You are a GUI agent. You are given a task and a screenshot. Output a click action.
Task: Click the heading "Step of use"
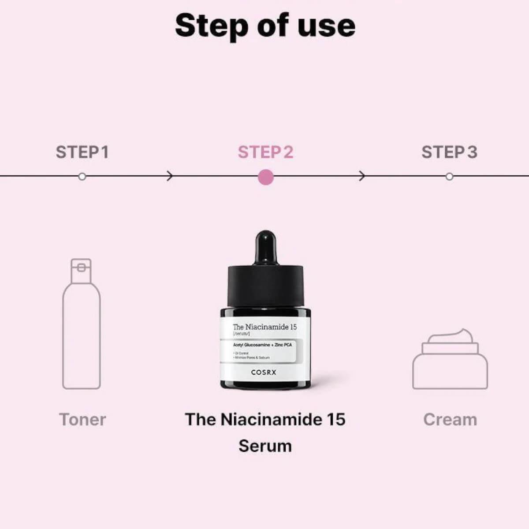point(265,26)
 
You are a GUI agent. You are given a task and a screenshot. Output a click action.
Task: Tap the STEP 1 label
point(82,152)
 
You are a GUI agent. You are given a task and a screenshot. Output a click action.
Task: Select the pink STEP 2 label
point(265,152)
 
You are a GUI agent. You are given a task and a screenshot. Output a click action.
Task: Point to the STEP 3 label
point(449,152)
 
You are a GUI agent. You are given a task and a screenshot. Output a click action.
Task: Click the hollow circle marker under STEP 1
point(82,176)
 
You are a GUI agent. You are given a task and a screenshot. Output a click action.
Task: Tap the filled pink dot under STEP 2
point(265,177)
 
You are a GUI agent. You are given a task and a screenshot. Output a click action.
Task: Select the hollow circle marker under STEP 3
point(449,176)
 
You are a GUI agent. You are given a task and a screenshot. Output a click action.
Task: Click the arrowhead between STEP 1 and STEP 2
point(170,176)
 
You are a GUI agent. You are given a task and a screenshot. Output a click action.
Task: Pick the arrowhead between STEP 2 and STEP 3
point(362,176)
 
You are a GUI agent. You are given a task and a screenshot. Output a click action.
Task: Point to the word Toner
point(82,420)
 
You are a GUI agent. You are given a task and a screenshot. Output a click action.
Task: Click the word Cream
point(450,420)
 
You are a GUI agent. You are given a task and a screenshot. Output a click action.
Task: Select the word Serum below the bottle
point(265,446)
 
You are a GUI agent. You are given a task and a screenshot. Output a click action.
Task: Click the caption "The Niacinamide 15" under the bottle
point(265,419)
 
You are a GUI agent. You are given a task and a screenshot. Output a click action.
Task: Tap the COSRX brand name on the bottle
point(264,373)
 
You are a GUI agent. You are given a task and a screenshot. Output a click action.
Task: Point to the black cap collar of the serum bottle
point(265,287)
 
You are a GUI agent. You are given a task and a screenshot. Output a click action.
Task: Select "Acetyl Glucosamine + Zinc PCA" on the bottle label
point(262,345)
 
